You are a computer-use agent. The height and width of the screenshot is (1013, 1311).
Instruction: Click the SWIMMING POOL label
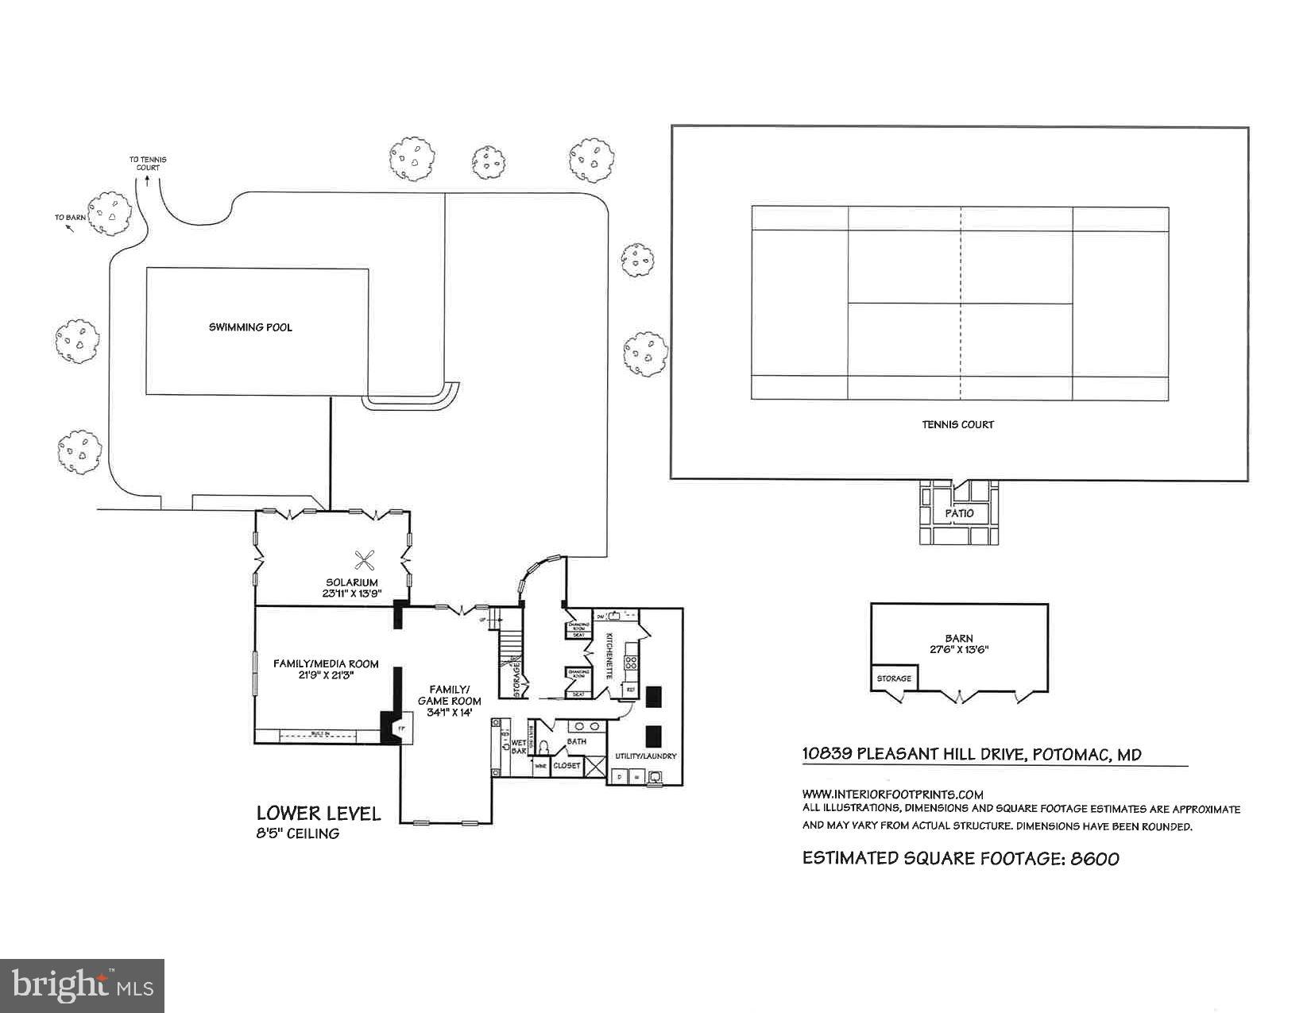pyautogui.click(x=250, y=327)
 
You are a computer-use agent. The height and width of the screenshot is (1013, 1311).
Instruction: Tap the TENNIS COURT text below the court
pyautogui.click(x=957, y=424)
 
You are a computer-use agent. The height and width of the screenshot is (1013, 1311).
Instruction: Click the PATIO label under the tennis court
pyautogui.click(x=959, y=513)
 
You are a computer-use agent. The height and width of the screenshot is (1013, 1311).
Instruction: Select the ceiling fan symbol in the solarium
pyautogui.click(x=365, y=561)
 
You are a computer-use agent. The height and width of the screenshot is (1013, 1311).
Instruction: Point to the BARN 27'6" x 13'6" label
pyautogui.click(x=959, y=644)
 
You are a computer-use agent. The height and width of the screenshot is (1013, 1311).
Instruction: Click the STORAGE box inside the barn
pyautogui.click(x=894, y=679)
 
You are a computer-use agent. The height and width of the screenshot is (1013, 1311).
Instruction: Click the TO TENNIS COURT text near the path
pyautogui.click(x=148, y=164)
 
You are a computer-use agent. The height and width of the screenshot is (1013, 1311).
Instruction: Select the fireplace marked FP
pyautogui.click(x=401, y=728)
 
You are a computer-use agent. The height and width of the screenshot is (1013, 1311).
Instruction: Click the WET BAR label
pyautogui.click(x=519, y=745)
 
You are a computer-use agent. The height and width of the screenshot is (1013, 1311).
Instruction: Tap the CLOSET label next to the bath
pyautogui.click(x=567, y=766)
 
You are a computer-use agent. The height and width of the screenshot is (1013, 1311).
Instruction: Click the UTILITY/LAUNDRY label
pyautogui.click(x=645, y=756)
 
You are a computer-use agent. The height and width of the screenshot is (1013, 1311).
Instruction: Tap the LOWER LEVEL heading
pyautogui.click(x=318, y=814)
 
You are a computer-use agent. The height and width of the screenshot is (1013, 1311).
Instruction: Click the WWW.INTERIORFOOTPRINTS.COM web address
pyautogui.click(x=892, y=794)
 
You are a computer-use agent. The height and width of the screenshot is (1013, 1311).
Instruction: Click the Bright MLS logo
pyautogui.click(x=83, y=985)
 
